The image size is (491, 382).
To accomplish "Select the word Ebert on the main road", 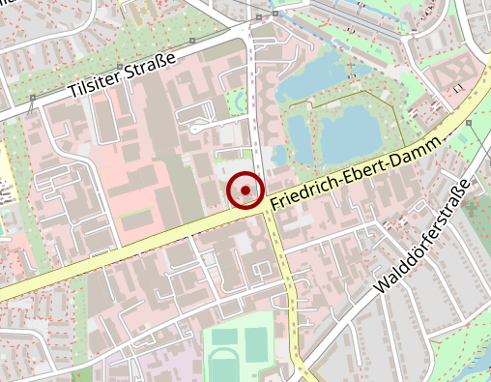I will (x=360, y=173).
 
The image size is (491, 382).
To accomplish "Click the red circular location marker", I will (x=245, y=191).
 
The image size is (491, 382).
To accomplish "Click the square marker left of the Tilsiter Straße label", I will (x=33, y=98).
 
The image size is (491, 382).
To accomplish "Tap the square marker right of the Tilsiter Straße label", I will (x=193, y=41).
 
